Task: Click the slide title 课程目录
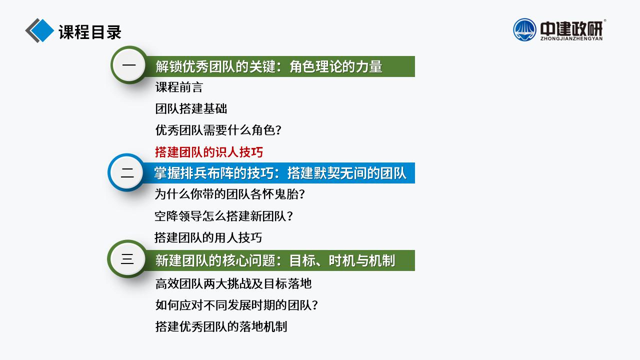tap(90, 31)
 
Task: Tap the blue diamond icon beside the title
tap(42, 30)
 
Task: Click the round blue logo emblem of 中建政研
tap(524, 29)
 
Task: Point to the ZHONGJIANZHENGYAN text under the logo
tap(571, 38)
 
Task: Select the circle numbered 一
tap(129, 65)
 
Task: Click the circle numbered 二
tap(126, 172)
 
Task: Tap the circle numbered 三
tap(127, 259)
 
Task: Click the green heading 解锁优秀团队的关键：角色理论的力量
tap(269, 66)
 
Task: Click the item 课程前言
tap(179, 87)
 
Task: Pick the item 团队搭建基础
tap(191, 108)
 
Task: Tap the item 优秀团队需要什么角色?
tap(218, 130)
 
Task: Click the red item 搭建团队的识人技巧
tap(209, 152)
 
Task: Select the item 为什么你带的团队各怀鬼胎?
tap(229, 194)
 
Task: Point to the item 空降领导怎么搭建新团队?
tap(223, 216)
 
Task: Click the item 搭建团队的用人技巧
tap(208, 237)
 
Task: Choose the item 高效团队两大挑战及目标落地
tap(233, 283)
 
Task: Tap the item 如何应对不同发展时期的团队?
tap(236, 305)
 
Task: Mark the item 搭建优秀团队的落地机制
tap(221, 326)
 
